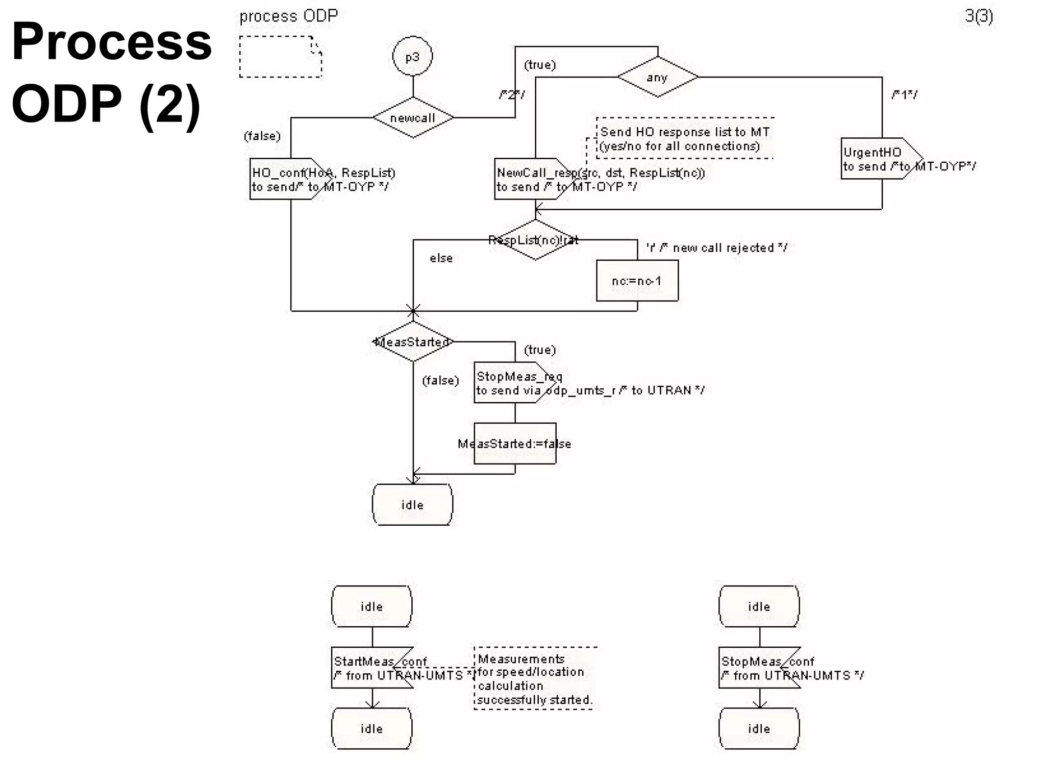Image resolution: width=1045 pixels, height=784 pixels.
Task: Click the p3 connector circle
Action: coord(412,57)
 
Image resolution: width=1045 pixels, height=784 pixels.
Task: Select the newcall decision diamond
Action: coord(413,118)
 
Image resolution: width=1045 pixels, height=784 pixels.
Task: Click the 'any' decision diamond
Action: coord(657,77)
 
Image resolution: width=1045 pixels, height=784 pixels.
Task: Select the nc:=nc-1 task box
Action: coord(637,281)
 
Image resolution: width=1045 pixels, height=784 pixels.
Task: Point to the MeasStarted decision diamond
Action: coord(413,341)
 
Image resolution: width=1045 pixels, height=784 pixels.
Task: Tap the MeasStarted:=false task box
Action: coord(515,444)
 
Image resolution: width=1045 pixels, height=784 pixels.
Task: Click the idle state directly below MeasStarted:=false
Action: coord(412,504)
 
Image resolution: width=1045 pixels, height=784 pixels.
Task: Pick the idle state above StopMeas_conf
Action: coord(759,606)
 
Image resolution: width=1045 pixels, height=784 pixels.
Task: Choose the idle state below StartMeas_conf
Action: coord(371,728)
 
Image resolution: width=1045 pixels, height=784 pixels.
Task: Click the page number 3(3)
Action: coord(978,16)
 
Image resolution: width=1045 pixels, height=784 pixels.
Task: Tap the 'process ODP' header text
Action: coord(289,16)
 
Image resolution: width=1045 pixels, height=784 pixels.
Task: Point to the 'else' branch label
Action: coord(441,258)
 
